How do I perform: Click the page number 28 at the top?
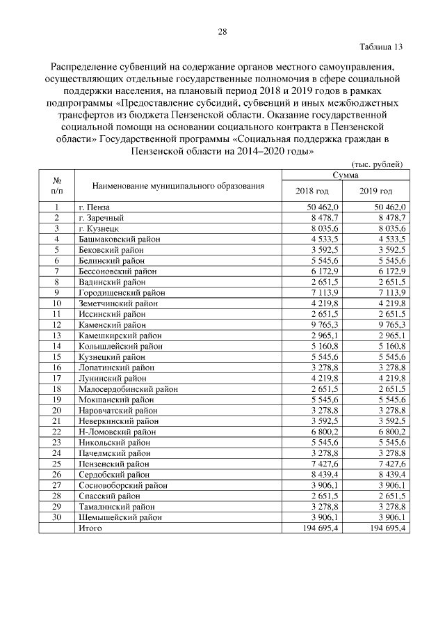tap(222, 31)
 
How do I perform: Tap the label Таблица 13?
tap(381, 47)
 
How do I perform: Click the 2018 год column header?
tap(312, 191)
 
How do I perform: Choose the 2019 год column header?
tap(376, 191)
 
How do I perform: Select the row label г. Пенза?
tap(95, 207)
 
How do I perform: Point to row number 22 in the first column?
tap(56, 432)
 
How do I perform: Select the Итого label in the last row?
tap(90, 528)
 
